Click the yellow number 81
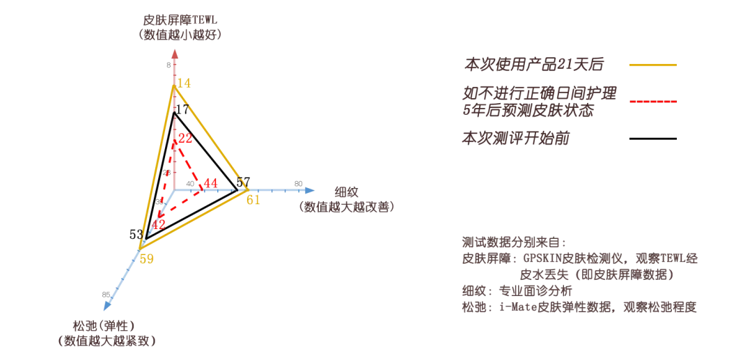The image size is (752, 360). point(253,201)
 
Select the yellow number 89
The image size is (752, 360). point(146,260)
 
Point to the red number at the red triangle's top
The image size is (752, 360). point(185,139)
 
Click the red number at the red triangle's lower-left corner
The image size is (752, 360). point(159,224)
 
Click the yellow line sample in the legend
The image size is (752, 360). point(652,64)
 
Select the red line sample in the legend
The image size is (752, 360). point(654,103)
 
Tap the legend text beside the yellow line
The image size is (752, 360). point(534,65)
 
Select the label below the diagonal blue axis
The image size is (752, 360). point(105,334)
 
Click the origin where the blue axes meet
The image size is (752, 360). point(175,189)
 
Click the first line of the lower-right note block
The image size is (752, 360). point(514,241)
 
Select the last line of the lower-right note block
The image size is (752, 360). point(579,307)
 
